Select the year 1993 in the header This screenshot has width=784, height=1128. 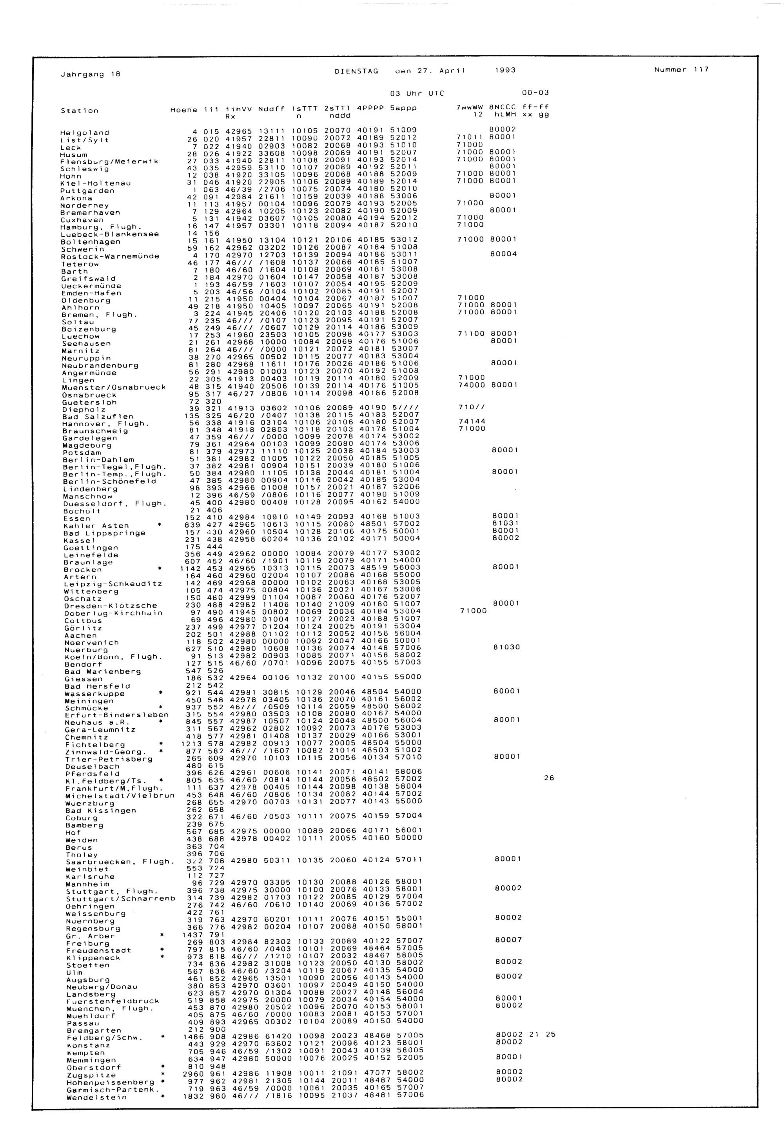pyautogui.click(x=505, y=70)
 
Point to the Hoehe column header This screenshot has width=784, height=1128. pyautogui.click(x=183, y=110)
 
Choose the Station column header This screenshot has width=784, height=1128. pyautogui.click(x=80, y=111)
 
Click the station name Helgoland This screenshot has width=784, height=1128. pyautogui.click(x=85, y=132)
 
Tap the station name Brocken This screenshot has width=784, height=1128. pyautogui.click(x=83, y=569)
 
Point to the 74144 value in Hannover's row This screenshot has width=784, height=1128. pyautogui.click(x=472, y=421)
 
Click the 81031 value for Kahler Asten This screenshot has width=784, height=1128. pyautogui.click(x=505, y=523)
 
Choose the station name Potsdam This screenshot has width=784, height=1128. pyautogui.click(x=82, y=453)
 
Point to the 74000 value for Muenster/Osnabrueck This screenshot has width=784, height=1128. pyautogui.click(x=472, y=385)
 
